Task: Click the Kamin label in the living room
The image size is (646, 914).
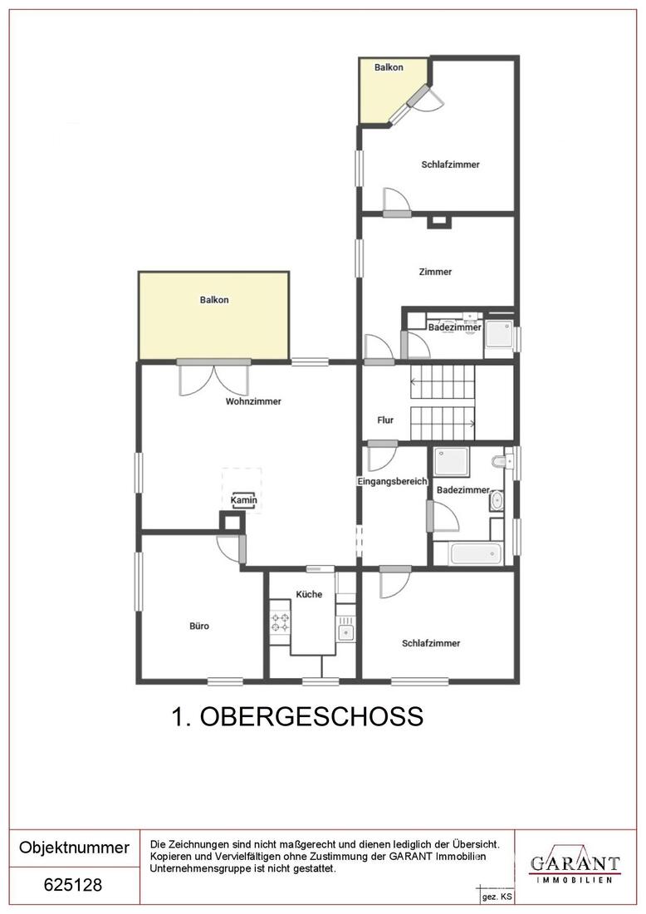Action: pyautogui.click(x=243, y=500)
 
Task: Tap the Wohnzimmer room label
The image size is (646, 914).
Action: pyautogui.click(x=253, y=401)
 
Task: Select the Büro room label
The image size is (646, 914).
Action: pyautogui.click(x=199, y=626)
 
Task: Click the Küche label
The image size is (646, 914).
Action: pyautogui.click(x=309, y=594)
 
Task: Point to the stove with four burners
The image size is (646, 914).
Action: pyautogui.click(x=280, y=622)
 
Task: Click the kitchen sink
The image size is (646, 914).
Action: pyautogui.click(x=345, y=631)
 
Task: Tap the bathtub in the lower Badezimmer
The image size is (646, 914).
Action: pyautogui.click(x=476, y=553)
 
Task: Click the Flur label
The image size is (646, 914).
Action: pyautogui.click(x=385, y=420)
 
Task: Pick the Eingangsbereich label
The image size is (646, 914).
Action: pyautogui.click(x=392, y=481)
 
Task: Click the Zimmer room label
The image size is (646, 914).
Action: pyautogui.click(x=435, y=272)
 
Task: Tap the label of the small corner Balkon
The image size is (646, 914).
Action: pyautogui.click(x=389, y=67)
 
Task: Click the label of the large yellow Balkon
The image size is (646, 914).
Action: pyautogui.click(x=213, y=300)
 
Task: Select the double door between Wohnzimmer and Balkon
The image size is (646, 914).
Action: pyautogui.click(x=214, y=378)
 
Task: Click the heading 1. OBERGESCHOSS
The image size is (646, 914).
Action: pyautogui.click(x=297, y=717)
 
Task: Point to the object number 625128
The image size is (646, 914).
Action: pyautogui.click(x=73, y=885)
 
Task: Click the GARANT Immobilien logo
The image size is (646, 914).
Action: pyautogui.click(x=575, y=867)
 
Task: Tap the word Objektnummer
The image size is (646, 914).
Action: pyautogui.click(x=74, y=847)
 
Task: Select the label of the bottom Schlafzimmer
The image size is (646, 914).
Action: pyautogui.click(x=431, y=643)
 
